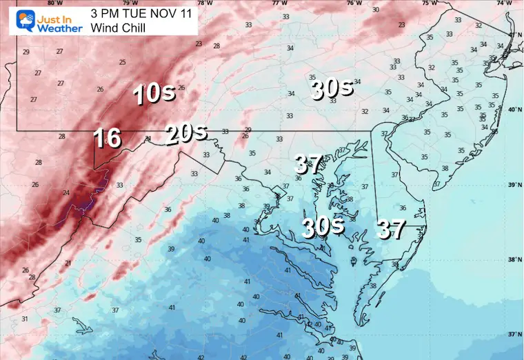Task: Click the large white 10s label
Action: (x=154, y=93)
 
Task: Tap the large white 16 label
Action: (x=108, y=138)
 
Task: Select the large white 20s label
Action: (x=185, y=133)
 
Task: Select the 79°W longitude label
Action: (x=125, y=3)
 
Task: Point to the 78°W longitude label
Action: (x=204, y=3)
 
